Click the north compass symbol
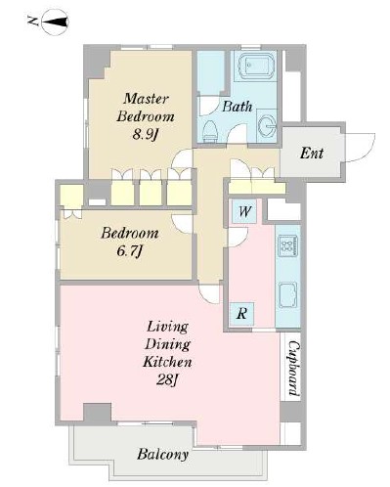coord(56,22)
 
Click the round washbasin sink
coord(268,125)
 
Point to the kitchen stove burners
coord(287,244)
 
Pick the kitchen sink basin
coord(287,295)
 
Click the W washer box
coord(244,211)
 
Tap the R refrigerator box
coord(241,314)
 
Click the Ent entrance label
coord(312,153)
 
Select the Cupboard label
coord(294,368)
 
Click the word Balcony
coord(162,454)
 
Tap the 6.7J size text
coord(130,251)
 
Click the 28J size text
coord(168,379)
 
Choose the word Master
coord(146,99)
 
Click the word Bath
coord(238,107)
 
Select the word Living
coord(167,327)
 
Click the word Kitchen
coord(167,362)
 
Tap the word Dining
coord(167,344)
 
